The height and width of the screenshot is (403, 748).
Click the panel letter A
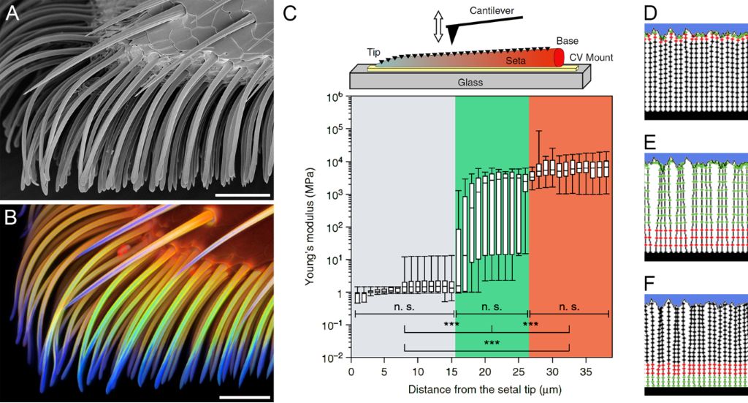coord(12,13)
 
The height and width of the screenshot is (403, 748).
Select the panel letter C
coord(289,13)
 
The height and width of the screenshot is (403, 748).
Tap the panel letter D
coord(651,13)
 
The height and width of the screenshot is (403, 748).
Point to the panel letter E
coord(651,140)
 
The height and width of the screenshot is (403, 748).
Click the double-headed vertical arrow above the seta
coord(438,27)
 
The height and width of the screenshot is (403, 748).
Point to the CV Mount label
coord(591,58)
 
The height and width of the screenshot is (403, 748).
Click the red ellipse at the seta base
coord(560,58)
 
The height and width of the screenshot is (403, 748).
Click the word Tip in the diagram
coord(374,53)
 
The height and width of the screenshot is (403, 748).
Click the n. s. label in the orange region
coord(568,308)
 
